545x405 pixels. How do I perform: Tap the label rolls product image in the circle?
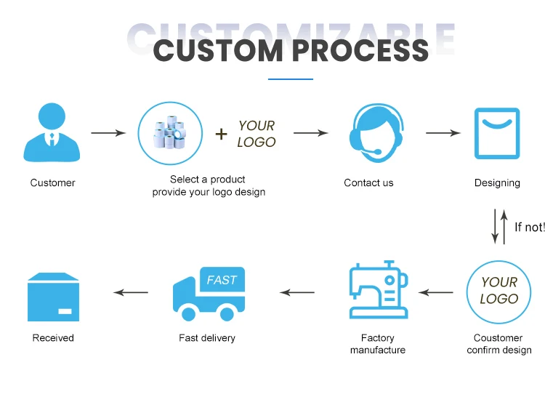coord(170,133)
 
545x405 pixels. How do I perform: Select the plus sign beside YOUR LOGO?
coord(221,134)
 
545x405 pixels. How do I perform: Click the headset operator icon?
coord(376,133)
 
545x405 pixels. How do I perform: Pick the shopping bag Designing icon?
coord(497,134)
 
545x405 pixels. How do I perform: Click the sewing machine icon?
coord(379,289)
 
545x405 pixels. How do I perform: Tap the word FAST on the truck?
coord(222,280)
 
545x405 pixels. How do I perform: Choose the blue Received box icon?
coord(53,297)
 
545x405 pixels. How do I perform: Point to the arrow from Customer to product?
coord(108,133)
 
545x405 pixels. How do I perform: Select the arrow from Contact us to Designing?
coord(443,133)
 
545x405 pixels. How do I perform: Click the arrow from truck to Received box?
coord(131,292)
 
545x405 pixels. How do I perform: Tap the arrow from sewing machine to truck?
coord(297,292)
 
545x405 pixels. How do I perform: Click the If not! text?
coord(529,227)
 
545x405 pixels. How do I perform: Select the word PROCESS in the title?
coord(360,51)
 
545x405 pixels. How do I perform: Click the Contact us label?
coord(368,183)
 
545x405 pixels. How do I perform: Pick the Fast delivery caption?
coord(207,338)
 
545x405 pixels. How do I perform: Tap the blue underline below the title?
coord(291,79)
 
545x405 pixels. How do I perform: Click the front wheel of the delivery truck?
coord(189,314)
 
